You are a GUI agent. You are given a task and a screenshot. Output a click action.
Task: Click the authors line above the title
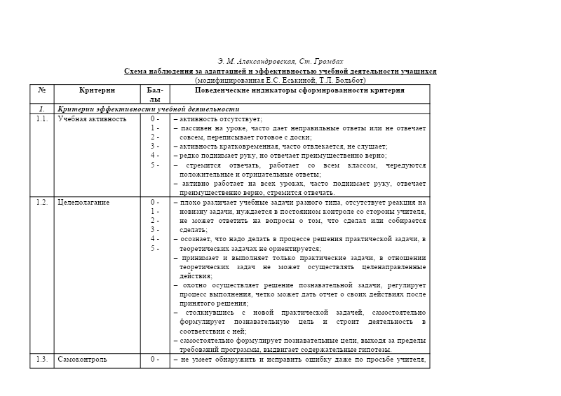click(x=280, y=62)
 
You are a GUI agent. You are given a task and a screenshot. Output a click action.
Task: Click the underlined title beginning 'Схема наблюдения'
click(x=280, y=71)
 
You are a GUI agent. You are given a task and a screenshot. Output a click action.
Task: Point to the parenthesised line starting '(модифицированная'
click(x=280, y=81)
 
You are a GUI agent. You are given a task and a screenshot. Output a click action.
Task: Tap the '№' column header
click(x=42, y=90)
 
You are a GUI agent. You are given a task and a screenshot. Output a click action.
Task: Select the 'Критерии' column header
click(x=97, y=90)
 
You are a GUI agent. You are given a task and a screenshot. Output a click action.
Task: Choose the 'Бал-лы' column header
click(x=155, y=95)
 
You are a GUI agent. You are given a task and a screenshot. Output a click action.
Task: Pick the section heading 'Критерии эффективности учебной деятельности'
click(x=149, y=109)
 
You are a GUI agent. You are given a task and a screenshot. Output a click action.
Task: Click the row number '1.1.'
click(x=42, y=118)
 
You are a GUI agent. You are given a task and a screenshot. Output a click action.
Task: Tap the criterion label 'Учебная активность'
click(x=92, y=118)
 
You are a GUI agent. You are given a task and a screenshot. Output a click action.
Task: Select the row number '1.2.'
click(x=42, y=202)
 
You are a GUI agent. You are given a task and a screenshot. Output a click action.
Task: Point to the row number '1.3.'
click(x=42, y=360)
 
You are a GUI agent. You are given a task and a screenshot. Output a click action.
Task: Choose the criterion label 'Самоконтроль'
click(x=82, y=360)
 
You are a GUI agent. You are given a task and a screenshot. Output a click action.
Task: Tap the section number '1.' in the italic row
click(x=42, y=109)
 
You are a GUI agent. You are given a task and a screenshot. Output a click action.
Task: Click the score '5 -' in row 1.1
click(x=155, y=164)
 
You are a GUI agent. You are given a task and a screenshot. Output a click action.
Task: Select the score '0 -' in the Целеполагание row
click(x=155, y=202)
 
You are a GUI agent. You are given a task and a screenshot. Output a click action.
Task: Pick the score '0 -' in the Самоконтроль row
click(x=155, y=360)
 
